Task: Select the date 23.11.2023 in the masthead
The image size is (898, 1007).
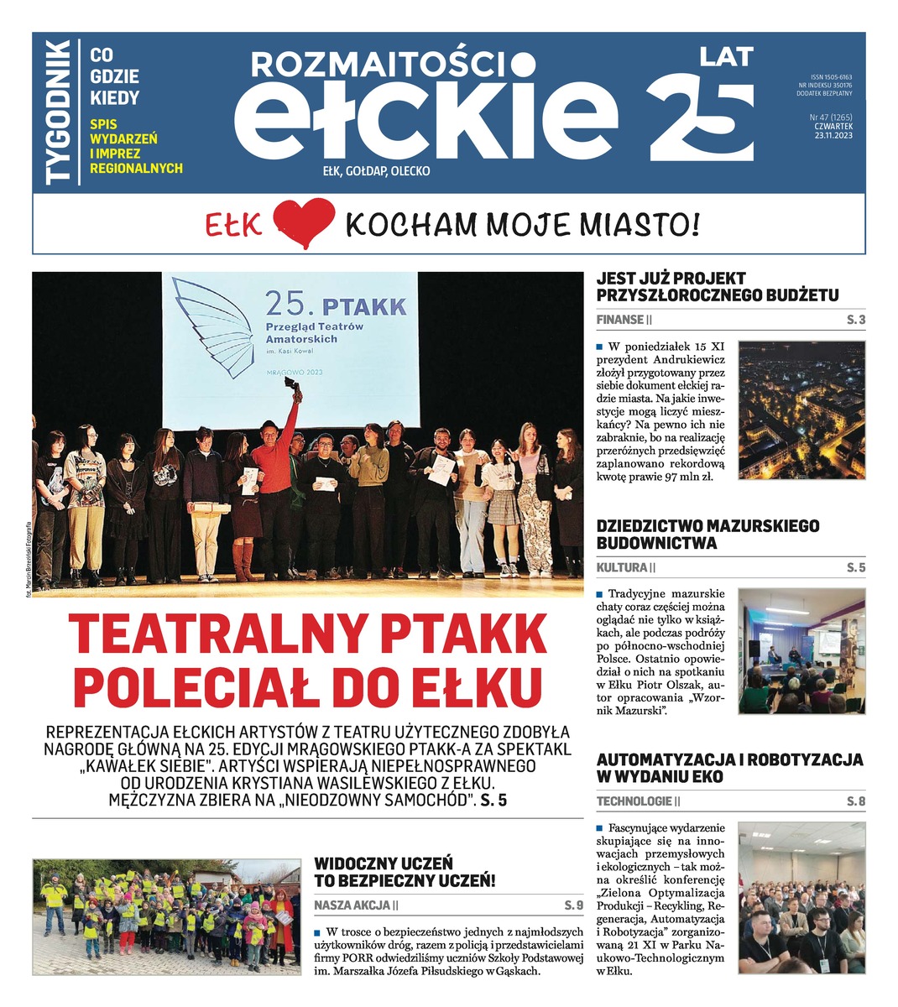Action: (833, 135)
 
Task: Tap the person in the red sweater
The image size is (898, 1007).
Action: (273, 478)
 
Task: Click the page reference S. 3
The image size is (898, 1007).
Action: (855, 320)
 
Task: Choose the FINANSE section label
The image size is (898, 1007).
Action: (620, 320)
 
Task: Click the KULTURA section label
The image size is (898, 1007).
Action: (622, 568)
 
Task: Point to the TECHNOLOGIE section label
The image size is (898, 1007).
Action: (634, 801)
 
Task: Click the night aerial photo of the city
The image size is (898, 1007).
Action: (801, 410)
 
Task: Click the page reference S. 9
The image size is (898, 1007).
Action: (573, 905)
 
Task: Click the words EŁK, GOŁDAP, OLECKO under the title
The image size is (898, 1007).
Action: (376, 171)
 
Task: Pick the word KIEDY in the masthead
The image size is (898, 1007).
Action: (114, 98)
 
